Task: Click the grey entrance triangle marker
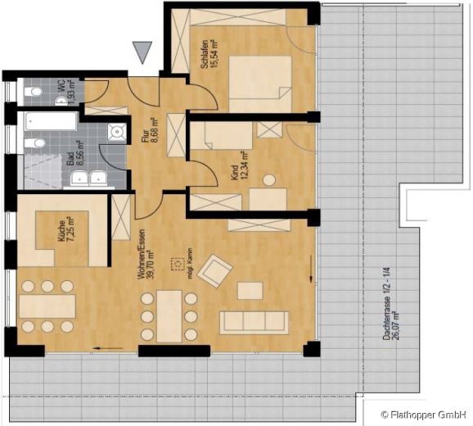[143, 52]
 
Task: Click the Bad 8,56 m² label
[73, 156]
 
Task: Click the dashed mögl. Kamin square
[173, 265]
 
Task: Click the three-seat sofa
[254, 321]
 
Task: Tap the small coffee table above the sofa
[250, 290]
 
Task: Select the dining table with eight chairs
[169, 315]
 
